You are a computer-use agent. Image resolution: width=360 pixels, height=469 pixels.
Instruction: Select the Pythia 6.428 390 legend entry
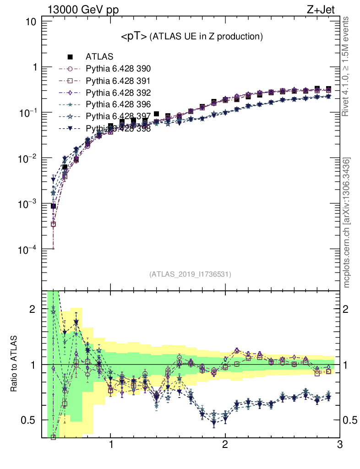(x=118, y=69)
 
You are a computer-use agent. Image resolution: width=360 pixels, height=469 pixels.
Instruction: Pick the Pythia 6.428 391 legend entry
(x=118, y=81)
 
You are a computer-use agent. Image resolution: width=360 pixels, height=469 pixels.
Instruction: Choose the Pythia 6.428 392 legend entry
(x=118, y=93)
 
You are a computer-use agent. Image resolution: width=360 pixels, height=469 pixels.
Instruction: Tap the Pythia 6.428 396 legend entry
(x=118, y=104)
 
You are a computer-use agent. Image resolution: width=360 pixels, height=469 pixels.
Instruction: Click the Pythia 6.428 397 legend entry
(x=118, y=116)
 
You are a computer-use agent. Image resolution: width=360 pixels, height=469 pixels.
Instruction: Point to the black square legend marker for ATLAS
(x=70, y=57)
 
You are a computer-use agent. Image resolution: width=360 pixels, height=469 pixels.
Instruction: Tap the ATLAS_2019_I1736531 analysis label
(x=190, y=274)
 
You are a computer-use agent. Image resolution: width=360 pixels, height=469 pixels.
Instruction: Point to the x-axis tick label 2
(x=225, y=445)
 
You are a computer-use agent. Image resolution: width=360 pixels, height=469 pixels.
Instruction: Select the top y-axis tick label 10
(x=32, y=22)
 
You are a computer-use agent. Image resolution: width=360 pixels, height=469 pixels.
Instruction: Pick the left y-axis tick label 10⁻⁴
(x=27, y=250)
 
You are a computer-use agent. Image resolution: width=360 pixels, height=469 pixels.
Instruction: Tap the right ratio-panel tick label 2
(x=349, y=309)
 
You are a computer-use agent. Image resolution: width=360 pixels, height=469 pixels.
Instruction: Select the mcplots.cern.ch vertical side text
(x=347, y=222)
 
